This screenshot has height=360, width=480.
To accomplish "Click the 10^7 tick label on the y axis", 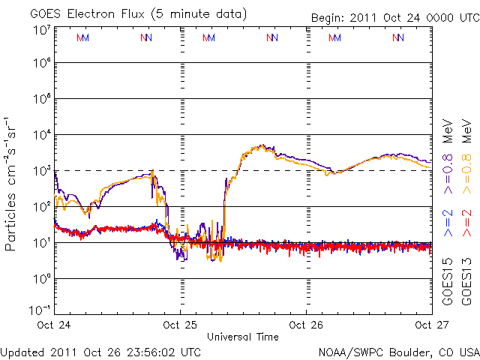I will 42,30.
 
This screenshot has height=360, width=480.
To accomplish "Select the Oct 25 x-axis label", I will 180,325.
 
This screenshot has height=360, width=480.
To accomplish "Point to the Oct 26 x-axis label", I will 306,325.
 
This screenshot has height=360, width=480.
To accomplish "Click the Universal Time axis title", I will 243,337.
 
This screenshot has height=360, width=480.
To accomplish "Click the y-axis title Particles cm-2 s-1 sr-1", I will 12,184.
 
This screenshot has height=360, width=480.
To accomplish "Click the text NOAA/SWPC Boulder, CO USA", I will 399,351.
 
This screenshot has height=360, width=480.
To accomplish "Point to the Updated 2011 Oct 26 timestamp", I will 100,351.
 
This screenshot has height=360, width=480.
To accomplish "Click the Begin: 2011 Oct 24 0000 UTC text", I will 393,17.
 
